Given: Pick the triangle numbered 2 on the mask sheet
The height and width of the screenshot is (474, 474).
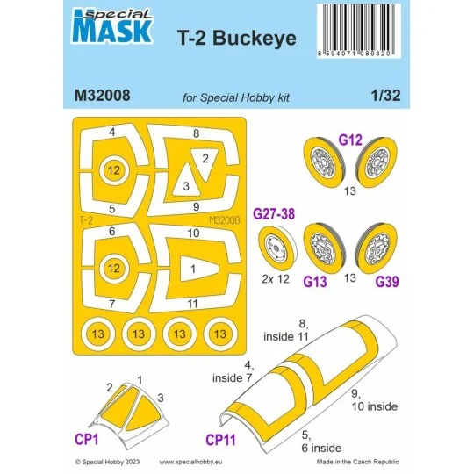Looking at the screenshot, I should click(x=204, y=159).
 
